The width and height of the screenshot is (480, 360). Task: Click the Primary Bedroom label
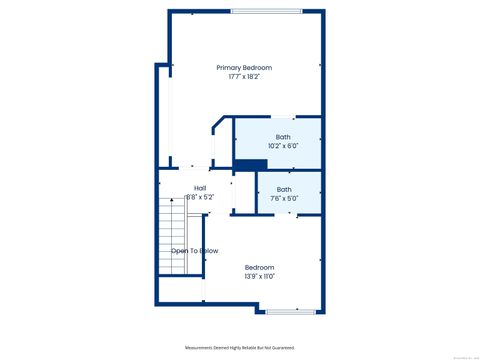244,67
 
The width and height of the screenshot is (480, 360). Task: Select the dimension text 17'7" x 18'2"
244,76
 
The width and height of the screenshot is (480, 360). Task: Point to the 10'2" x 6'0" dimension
284,146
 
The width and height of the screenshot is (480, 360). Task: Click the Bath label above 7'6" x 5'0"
284,189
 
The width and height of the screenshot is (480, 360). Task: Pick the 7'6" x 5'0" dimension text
284,198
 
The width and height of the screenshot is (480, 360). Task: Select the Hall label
200,187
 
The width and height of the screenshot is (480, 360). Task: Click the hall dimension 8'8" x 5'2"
200,197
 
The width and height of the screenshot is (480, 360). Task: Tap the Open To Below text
194,251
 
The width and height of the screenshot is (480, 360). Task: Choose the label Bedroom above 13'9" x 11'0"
260,267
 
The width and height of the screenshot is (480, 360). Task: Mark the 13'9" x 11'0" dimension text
260,276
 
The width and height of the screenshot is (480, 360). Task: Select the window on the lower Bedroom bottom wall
288,311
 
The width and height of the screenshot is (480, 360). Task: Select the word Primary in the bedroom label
229,67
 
